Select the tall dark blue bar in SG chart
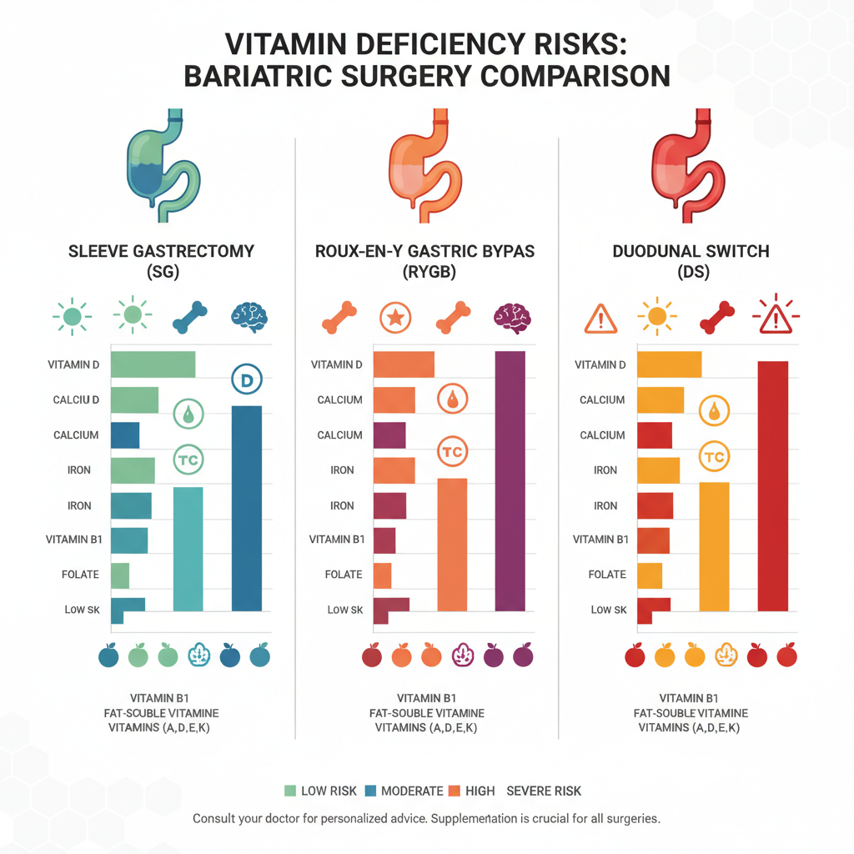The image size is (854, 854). pos(246,508)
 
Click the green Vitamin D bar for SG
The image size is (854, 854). pos(153,364)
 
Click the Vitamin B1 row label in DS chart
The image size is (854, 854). pos(600,540)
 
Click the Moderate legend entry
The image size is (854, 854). pos(406,791)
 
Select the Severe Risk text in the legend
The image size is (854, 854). pos(544,791)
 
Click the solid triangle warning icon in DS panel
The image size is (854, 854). pos(600,318)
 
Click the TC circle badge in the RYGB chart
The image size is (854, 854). pos(452,452)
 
